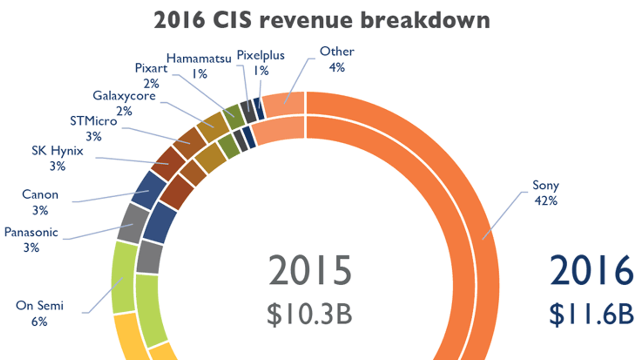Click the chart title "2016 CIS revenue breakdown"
click(322, 20)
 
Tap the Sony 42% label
click(546, 192)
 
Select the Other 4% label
click(337, 59)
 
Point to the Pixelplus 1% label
click(261, 63)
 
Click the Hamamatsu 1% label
click(199, 66)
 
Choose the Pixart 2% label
click(151, 76)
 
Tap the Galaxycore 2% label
click(124, 103)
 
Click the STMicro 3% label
click(94, 128)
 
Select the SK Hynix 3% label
click(58, 158)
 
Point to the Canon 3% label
click(40, 202)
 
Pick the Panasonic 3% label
click(31, 240)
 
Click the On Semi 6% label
click(40, 313)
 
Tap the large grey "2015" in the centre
click(310, 271)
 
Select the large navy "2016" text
click(592, 271)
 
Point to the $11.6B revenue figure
click(591, 314)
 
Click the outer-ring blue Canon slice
click(148, 190)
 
